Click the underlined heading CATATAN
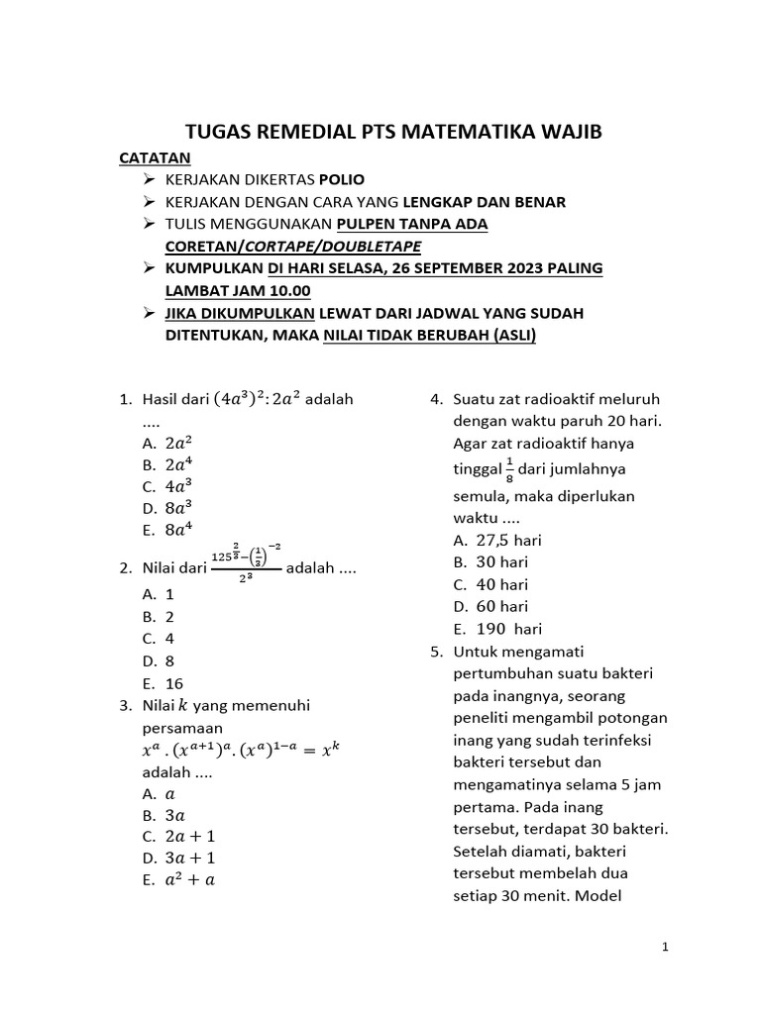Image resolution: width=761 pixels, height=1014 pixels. click(155, 157)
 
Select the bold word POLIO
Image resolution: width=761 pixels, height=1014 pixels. click(342, 179)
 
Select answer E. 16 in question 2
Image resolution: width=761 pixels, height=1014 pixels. click(163, 683)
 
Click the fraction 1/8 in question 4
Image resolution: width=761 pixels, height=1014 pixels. click(509, 468)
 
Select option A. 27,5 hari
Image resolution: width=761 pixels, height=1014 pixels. click(497, 540)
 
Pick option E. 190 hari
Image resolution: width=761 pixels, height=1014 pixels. click(497, 629)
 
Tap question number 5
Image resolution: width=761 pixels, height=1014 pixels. click(435, 652)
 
